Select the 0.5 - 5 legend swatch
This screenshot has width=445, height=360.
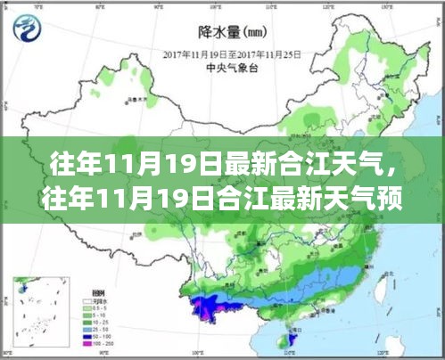click(87, 307)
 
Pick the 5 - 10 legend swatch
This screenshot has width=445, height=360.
click(87, 315)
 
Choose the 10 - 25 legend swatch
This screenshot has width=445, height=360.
click(87, 322)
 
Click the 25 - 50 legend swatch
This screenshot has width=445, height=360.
click(87, 329)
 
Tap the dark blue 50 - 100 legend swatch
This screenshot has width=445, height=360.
click(87, 336)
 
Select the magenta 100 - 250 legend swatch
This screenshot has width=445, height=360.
click(87, 343)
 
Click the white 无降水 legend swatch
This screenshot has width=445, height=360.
click(87, 300)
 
